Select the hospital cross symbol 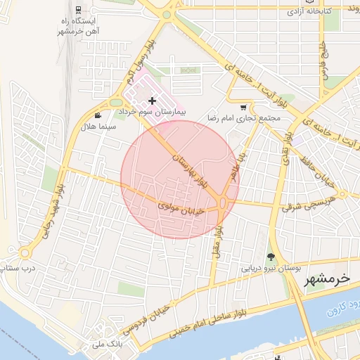click(152, 102)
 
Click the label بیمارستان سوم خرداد click(151, 112)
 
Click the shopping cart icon click(243, 108)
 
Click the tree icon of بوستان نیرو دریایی click(271, 257)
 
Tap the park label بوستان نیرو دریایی click(271, 268)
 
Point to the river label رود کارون click(344, 310)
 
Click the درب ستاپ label click(20, 268)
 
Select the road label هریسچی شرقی click(309, 204)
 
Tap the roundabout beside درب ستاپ click(26, 252)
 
